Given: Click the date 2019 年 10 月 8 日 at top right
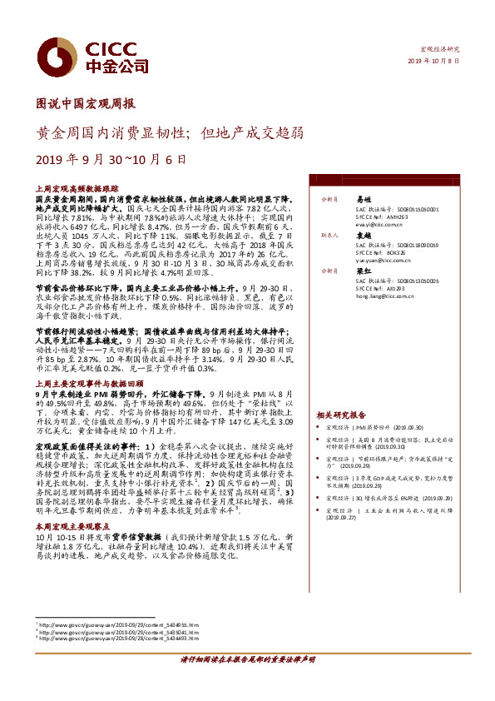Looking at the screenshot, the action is [434, 62].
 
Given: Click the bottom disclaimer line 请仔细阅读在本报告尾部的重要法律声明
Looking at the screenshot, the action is [247, 682].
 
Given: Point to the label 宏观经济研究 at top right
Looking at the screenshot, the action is [438, 50].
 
